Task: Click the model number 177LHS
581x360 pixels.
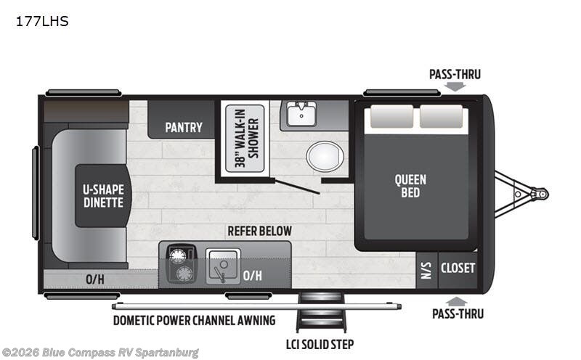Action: pos(42,22)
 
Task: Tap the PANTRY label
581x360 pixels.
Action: pos(184,128)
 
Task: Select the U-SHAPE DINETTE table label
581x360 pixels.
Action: pos(103,196)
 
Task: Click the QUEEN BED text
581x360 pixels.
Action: pos(410,186)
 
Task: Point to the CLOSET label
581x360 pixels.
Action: pos(458,268)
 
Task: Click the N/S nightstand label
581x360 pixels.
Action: pos(426,271)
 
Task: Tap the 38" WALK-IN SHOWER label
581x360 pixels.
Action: pos(246,139)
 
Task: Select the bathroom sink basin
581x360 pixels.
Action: pos(301,114)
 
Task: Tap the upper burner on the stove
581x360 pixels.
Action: pos(178,256)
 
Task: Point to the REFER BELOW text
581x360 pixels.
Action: pos(259,231)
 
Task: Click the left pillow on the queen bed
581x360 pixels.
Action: pos(391,117)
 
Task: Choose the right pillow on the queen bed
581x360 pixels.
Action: pos(441,117)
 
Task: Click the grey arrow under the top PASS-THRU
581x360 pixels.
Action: pos(455,86)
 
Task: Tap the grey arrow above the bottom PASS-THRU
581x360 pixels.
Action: pos(457,301)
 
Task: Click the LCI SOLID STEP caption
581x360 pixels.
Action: pos(320,345)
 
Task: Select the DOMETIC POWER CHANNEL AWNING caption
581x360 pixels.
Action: pos(194,320)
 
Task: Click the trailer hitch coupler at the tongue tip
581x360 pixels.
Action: pos(540,194)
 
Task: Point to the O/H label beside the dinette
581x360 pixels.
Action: pos(95,279)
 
